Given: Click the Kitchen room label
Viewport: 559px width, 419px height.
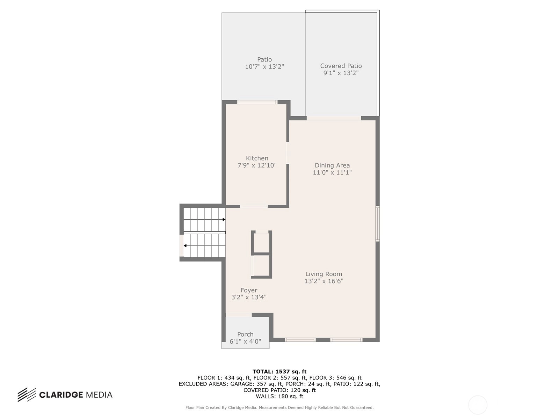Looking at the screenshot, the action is [x=257, y=158].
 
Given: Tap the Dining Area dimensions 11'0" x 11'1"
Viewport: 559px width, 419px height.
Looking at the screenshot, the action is [x=332, y=172].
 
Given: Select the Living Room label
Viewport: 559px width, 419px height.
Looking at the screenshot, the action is [x=324, y=274].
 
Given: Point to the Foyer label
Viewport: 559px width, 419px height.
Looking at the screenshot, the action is [x=249, y=290].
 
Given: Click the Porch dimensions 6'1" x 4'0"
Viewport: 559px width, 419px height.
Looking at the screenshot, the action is [x=245, y=341].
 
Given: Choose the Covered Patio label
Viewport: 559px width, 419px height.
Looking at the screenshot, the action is [x=341, y=66].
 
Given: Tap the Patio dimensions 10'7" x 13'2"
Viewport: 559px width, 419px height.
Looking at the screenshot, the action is [x=264, y=67].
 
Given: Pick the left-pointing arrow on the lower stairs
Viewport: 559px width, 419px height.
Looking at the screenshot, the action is [x=204, y=246].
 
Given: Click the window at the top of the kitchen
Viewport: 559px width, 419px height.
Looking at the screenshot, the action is [x=257, y=102].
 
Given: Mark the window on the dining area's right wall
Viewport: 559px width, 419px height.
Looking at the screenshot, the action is [x=378, y=223].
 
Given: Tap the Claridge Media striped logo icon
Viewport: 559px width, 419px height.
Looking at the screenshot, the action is [x=27, y=395].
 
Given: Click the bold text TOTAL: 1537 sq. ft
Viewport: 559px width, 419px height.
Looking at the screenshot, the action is [x=279, y=372].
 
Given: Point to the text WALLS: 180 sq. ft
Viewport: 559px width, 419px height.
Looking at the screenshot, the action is [x=279, y=396].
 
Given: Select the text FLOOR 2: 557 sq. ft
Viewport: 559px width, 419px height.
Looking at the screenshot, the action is [x=279, y=378].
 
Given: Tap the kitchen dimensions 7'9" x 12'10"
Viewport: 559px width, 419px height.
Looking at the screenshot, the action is [x=257, y=166].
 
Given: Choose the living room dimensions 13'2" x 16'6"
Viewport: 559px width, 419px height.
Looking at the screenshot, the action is [x=324, y=281].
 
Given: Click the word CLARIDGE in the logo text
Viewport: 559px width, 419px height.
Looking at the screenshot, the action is [x=61, y=395].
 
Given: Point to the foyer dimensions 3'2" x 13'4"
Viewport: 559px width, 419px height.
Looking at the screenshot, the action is [x=249, y=297].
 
